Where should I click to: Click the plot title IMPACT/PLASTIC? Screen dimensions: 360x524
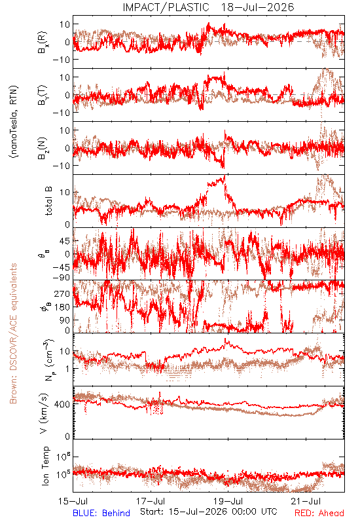coord(166,7)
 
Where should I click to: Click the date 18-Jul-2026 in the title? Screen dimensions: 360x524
coord(257,7)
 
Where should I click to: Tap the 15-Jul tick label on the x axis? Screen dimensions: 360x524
coord(73,501)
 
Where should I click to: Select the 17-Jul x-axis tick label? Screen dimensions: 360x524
coord(151,501)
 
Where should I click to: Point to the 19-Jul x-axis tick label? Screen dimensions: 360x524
coord(228,501)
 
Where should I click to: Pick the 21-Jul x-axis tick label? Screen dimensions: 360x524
coord(306,501)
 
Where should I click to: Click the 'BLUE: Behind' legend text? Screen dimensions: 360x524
coord(101,513)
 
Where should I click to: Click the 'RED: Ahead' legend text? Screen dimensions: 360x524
coord(319,513)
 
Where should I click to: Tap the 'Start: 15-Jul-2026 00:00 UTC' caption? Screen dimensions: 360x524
coord(209,512)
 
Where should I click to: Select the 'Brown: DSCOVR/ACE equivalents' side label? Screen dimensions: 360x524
coord(13,333)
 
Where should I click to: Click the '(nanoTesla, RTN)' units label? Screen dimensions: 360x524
coord(14,122)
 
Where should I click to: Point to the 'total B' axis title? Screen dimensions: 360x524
coord(48,201)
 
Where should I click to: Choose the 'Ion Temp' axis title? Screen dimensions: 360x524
coord(45,466)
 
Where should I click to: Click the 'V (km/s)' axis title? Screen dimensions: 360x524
coord(45,413)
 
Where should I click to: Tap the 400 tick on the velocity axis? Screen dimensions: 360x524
coord(62,404)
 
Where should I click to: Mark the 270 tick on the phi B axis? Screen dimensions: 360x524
coord(62,293)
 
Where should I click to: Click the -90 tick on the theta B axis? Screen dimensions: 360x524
coord(61,278)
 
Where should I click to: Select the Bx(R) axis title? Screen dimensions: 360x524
coord(43,43)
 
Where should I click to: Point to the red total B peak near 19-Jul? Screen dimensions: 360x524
coord(225,176)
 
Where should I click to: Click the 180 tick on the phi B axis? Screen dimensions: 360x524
coord(62,307)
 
